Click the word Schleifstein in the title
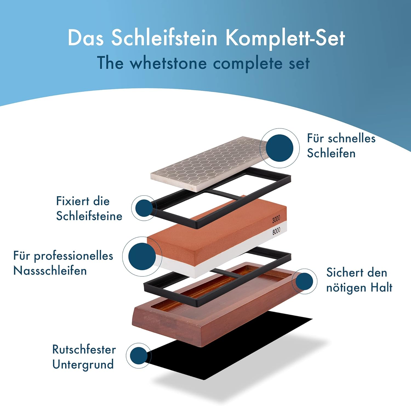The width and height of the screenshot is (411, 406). point(164,38)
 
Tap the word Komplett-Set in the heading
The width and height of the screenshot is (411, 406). point(285,38)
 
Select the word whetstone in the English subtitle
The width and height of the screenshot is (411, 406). point(168,63)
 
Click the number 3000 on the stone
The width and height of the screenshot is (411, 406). point(276,219)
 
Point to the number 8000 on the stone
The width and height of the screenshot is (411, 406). point(276,231)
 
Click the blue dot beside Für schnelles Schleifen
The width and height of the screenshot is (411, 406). point(279,148)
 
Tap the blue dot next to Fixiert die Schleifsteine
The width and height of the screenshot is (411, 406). point(144,208)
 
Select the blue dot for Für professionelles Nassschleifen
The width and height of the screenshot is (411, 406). point(142,257)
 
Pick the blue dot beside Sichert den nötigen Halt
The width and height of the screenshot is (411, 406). point(304,281)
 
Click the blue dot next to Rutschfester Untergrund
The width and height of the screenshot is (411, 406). point(139,356)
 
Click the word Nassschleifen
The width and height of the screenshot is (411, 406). point(50,271)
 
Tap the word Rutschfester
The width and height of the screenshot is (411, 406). point(84,350)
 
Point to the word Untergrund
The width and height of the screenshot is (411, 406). point(83,365)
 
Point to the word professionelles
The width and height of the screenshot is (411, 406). point(73,256)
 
